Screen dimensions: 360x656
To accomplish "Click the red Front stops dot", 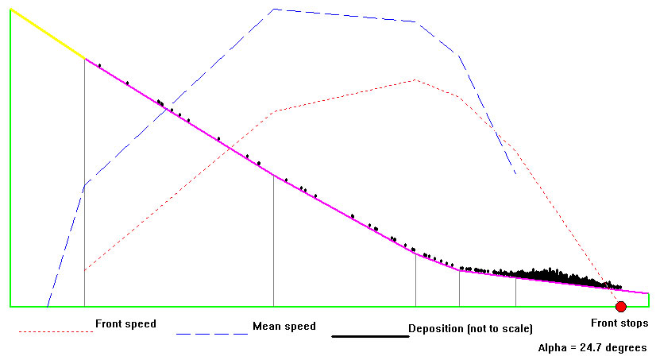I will pyautogui.click(x=620, y=307).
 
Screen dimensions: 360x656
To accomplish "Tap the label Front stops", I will pyautogui.click(x=619, y=323).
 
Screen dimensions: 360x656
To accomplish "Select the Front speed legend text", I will pyautogui.click(x=125, y=324).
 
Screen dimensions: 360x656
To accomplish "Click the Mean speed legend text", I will pyautogui.click(x=284, y=326).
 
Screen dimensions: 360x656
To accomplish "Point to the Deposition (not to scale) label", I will pyautogui.click(x=469, y=328).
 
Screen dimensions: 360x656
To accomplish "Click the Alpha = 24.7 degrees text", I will pyautogui.click(x=592, y=347).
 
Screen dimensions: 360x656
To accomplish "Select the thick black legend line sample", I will pyautogui.click(x=369, y=336).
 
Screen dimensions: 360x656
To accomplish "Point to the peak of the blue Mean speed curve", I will pyautogui.click(x=273, y=10).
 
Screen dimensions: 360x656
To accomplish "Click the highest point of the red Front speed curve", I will pyautogui.click(x=415, y=79).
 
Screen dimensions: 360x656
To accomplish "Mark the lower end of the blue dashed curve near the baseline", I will pyautogui.click(x=48, y=305).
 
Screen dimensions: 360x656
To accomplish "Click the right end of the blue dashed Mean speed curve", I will pyautogui.click(x=516, y=174).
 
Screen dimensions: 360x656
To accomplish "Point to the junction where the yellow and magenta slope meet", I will pyautogui.click(x=85, y=58).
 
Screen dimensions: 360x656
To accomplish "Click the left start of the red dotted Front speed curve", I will pyautogui.click(x=85, y=270).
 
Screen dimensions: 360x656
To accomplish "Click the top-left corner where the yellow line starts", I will pyautogui.click(x=10, y=10).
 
